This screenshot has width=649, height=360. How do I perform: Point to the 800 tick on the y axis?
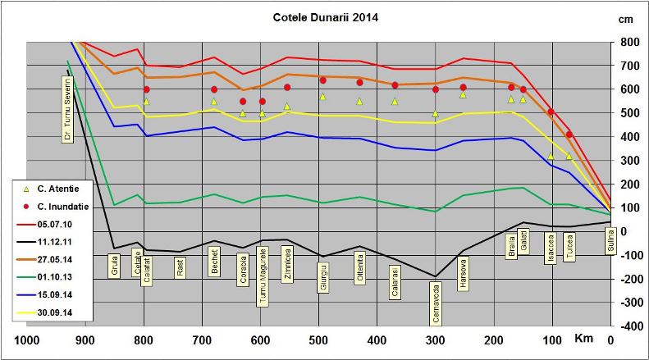point(630,42)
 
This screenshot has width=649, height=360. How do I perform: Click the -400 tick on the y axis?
point(629,326)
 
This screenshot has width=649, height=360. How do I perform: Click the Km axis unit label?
point(583,339)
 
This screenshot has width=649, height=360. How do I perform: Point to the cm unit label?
point(626,19)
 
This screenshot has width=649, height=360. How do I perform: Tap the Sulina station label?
point(610,243)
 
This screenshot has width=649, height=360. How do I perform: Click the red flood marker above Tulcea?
point(569,134)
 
